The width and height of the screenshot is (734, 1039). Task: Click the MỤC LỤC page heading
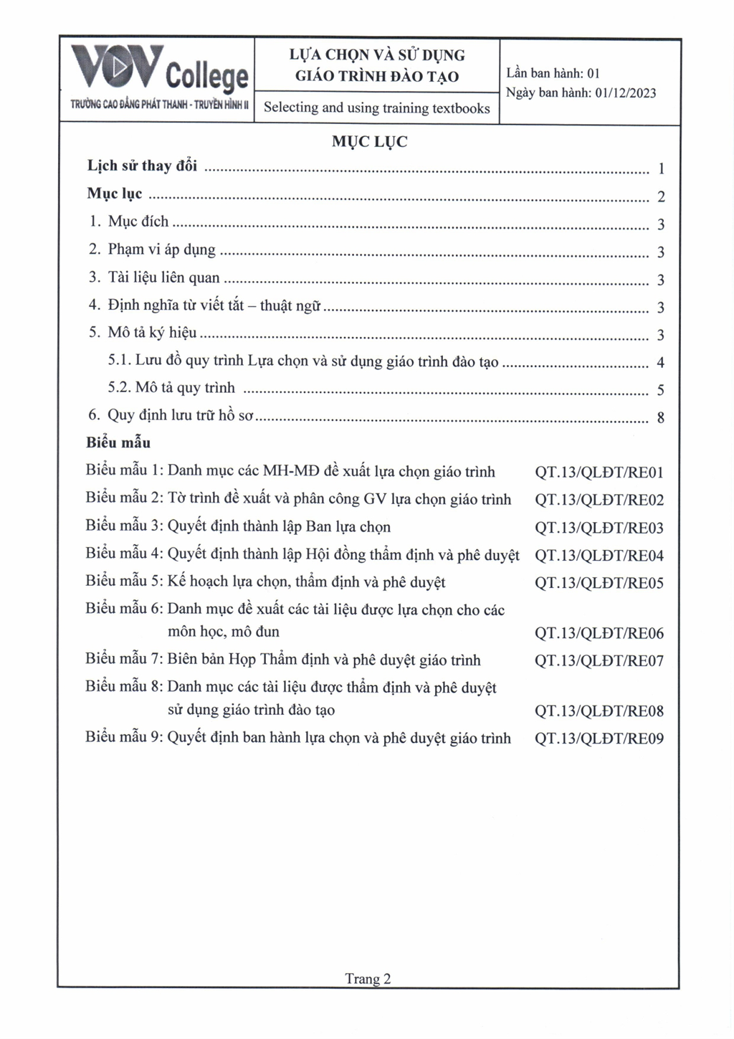pos(369,141)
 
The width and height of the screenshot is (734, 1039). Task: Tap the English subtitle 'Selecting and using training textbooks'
pos(376,108)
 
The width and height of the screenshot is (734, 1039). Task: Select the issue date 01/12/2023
pos(625,92)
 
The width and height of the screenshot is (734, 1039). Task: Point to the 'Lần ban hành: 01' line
pos(553,73)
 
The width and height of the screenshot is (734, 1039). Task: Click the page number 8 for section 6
pos(660,417)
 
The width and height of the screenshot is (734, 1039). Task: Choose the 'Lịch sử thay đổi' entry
pos(142,166)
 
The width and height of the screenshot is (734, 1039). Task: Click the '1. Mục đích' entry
pos(129,221)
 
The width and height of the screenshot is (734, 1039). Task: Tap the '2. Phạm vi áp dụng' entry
pos(152,249)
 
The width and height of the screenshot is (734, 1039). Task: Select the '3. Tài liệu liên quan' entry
pos(154,277)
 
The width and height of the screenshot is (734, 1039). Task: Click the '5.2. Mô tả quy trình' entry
pos(171,388)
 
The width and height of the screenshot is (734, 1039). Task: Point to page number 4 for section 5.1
pos(660,362)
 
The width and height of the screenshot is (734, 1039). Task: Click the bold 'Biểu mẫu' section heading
pos(118,442)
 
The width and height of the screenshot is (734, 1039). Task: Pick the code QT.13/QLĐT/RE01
pos(599,473)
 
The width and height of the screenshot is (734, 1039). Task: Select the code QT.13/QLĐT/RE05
pos(599,583)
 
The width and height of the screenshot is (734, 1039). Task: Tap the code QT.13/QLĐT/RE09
pos(599,739)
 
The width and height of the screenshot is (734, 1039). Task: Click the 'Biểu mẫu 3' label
pos(125,526)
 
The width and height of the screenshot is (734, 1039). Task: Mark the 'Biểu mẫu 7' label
pos(125,659)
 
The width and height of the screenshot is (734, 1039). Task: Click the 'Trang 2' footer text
pos(368,979)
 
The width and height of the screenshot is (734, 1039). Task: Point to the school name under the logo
pos(159,105)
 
